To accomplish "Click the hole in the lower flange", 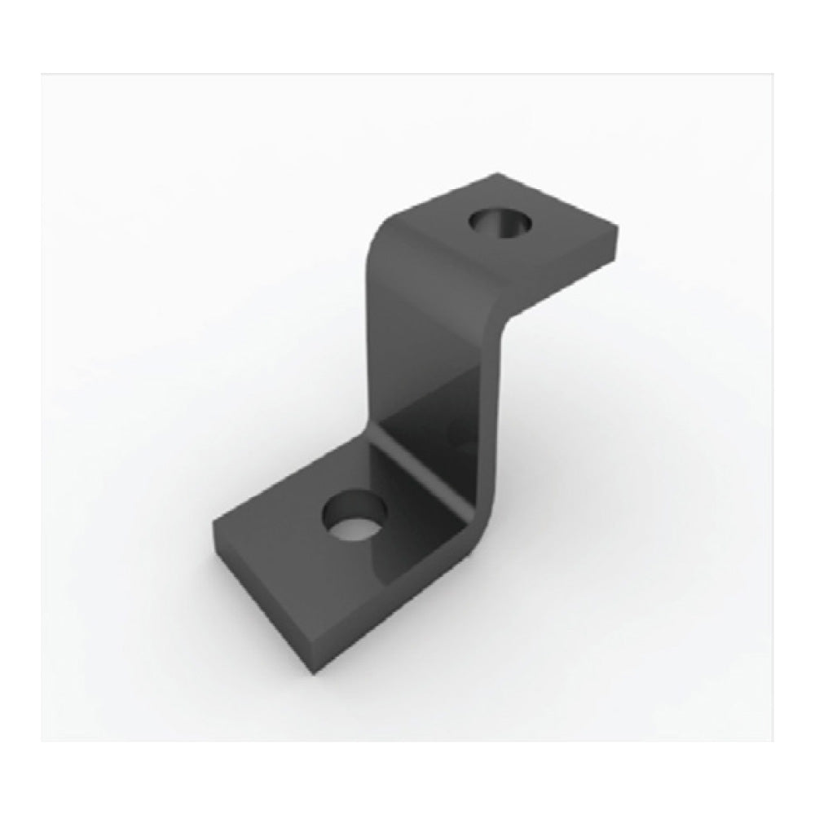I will [352, 518].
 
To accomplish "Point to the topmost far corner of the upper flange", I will [497, 174].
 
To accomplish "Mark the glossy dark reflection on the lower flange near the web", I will [407, 530].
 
